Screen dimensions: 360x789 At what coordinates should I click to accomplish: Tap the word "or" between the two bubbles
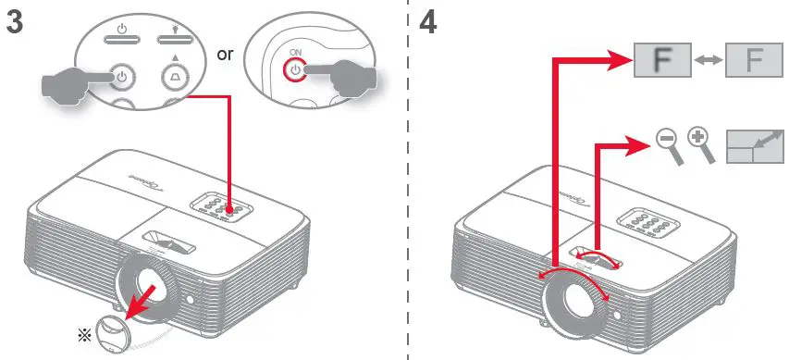(226, 55)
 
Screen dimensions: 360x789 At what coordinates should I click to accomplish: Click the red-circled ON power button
(294, 71)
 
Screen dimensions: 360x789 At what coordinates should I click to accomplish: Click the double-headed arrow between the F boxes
(709, 63)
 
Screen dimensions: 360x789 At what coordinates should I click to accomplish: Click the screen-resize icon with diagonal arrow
(754, 145)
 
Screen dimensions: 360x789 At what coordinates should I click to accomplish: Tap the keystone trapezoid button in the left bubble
(176, 76)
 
